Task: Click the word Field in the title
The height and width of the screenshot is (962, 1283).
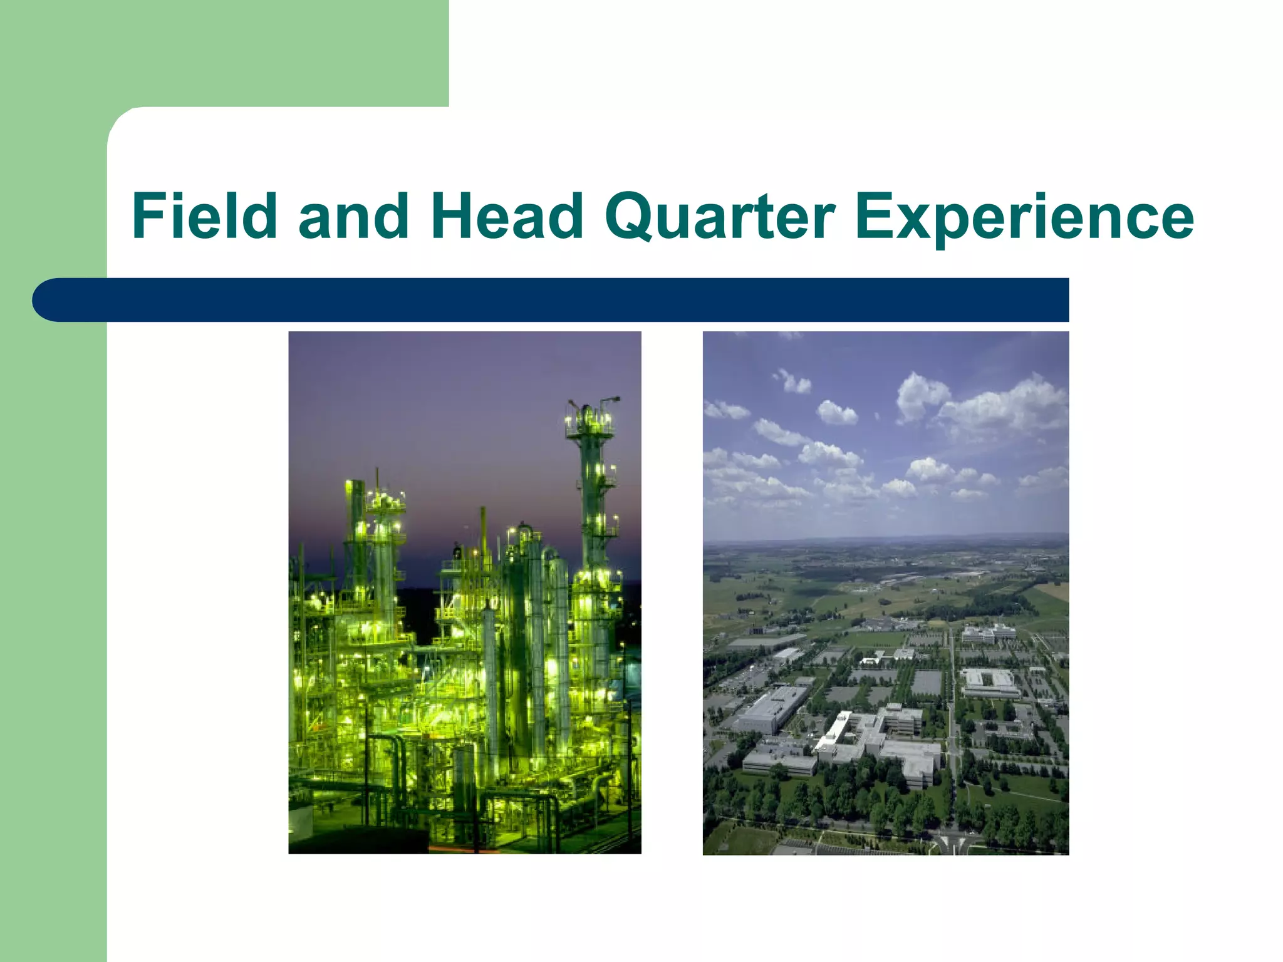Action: (204, 216)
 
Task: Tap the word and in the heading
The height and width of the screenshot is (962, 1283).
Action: (353, 216)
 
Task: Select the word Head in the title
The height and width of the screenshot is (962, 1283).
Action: (507, 216)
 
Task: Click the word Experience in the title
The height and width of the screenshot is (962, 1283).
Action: (1024, 216)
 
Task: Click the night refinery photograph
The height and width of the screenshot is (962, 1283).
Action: (464, 592)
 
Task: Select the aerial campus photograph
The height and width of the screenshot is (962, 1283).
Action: (885, 592)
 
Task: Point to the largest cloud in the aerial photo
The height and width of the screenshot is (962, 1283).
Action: (1002, 407)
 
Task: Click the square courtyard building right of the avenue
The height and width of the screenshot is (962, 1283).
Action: (990, 683)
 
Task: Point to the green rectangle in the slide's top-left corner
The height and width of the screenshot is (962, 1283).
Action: (224, 53)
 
